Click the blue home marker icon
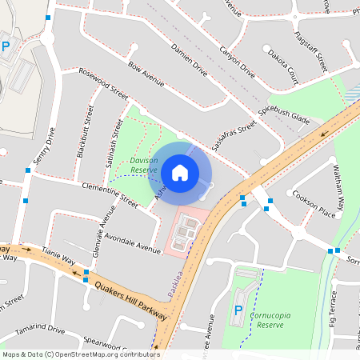click(x=180, y=172)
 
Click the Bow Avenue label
click(x=146, y=74)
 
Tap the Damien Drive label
click(x=189, y=61)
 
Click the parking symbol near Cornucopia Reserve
click(x=238, y=310)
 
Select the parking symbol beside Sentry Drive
click(x=6, y=47)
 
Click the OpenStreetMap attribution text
click(x=81, y=354)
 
